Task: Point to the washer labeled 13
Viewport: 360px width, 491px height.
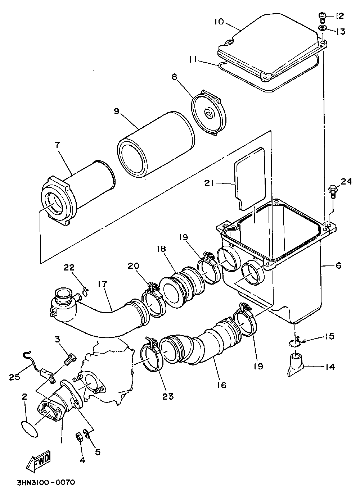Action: [322, 29]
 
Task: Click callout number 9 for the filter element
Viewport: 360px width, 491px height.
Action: [117, 111]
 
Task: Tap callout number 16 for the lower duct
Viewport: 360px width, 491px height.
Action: [222, 385]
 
